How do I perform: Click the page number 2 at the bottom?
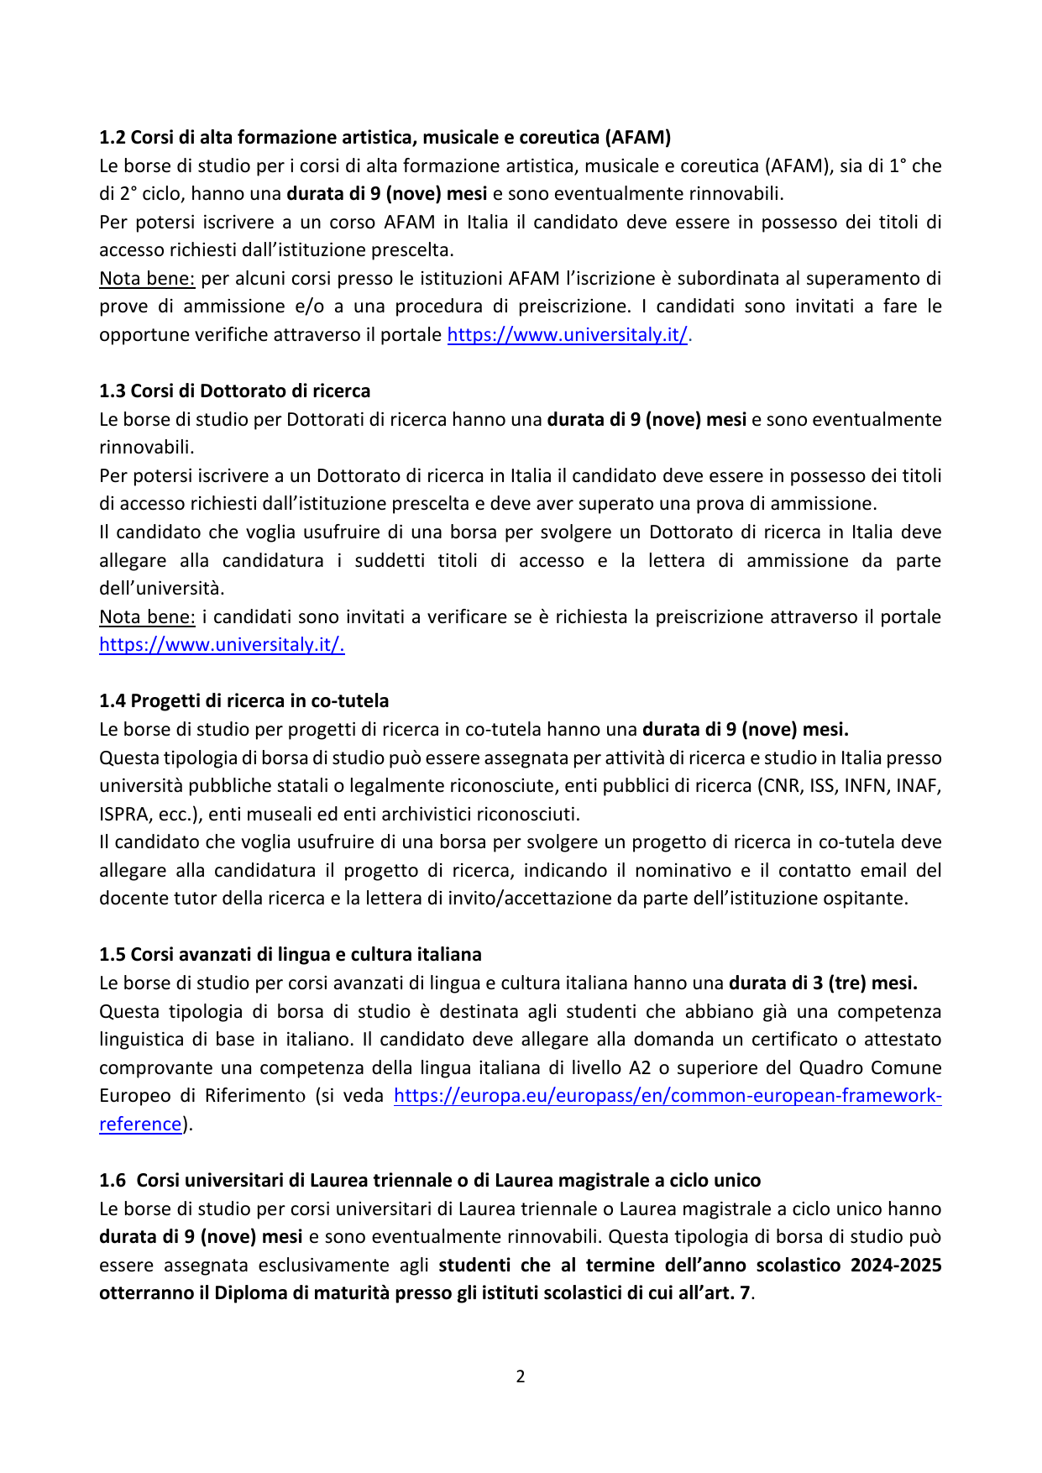pos(521,1376)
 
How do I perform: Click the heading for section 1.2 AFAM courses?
pos(385,137)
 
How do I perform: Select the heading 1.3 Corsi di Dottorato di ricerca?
pos(234,391)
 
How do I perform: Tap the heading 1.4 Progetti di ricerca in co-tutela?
pos(243,700)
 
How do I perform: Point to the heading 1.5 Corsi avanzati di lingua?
pos(290,954)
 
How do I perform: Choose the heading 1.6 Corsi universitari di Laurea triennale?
pos(430,1180)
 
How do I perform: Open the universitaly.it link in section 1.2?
pos(567,334)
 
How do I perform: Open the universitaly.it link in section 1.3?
pos(222,644)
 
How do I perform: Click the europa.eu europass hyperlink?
pos(667,1095)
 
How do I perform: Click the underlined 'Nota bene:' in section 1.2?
pos(147,278)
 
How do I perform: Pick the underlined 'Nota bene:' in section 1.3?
pos(147,616)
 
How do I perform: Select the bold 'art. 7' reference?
pos(725,1292)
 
